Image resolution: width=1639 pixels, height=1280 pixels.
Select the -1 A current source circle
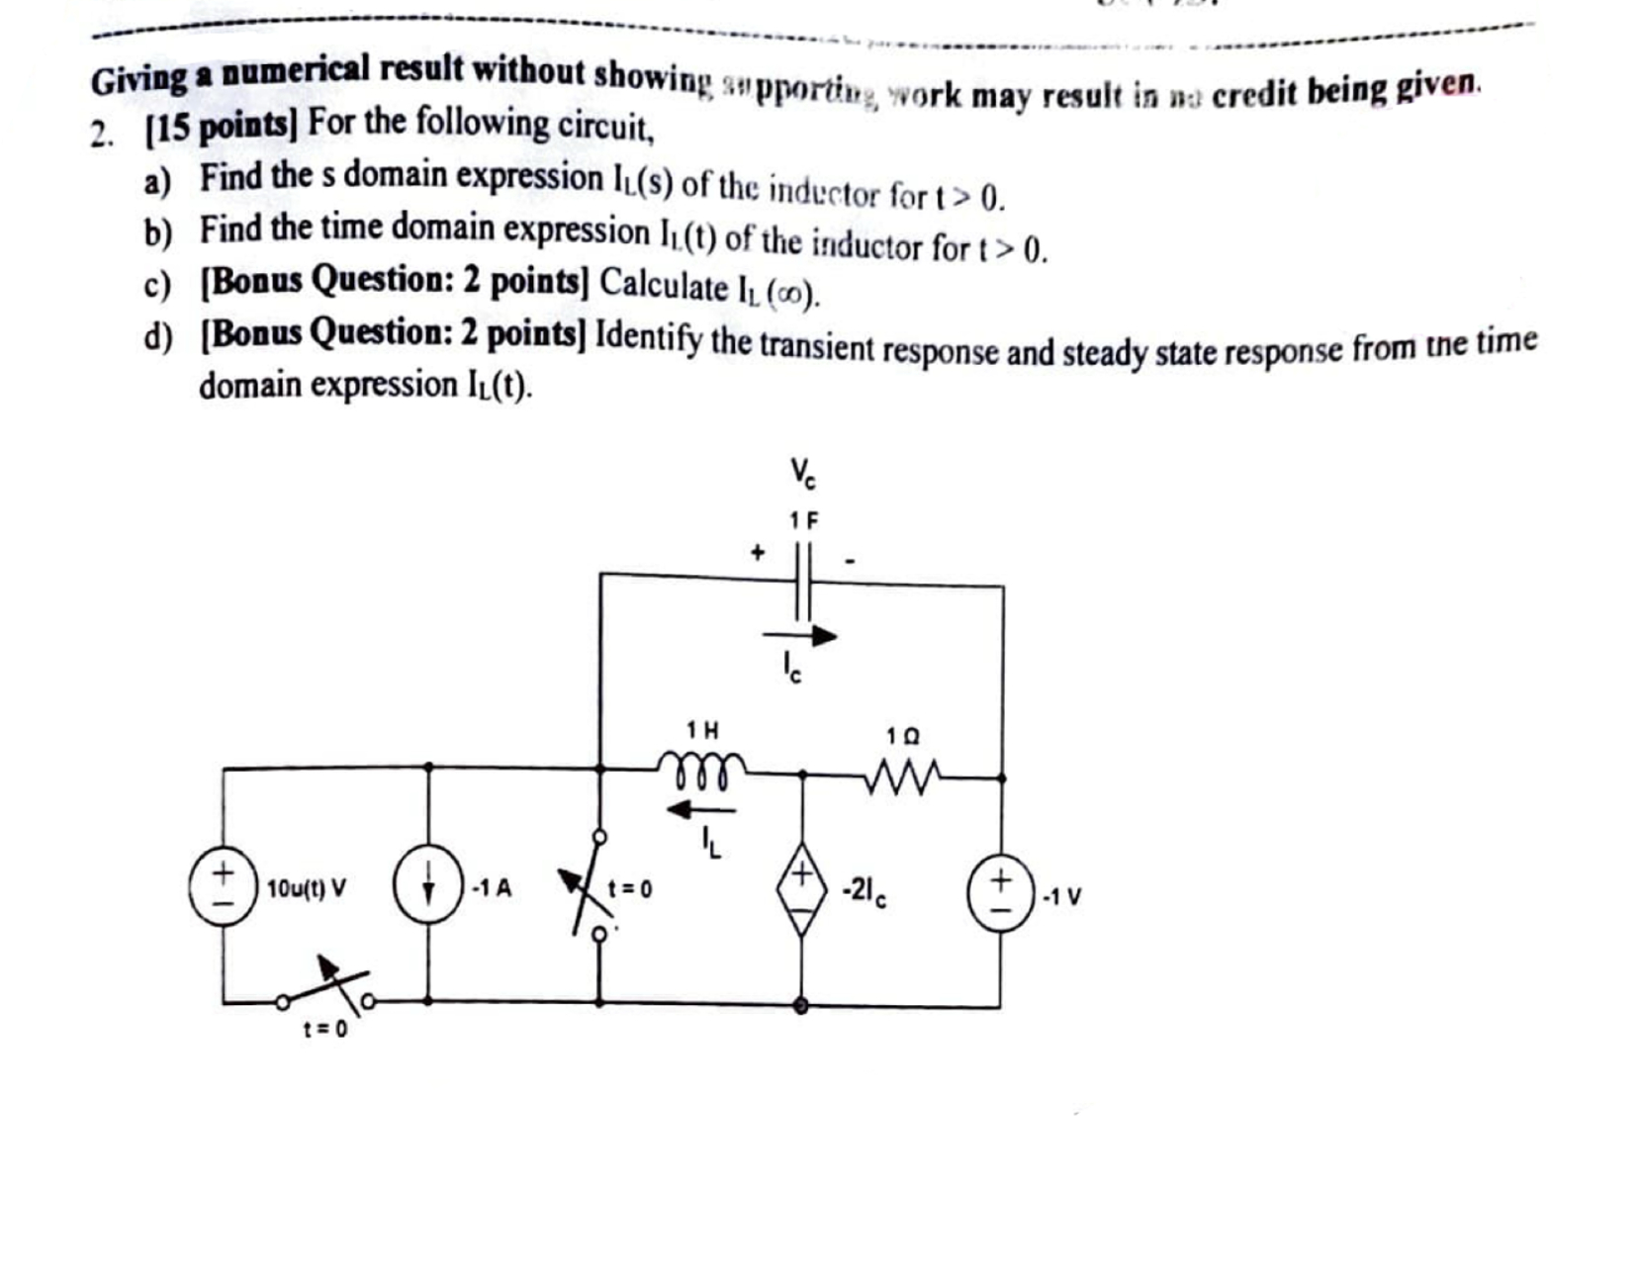pyautogui.click(x=428, y=885)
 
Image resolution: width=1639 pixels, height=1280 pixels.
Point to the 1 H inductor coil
pyautogui.click(x=702, y=770)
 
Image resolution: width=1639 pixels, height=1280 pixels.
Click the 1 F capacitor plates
pyautogui.click(x=802, y=579)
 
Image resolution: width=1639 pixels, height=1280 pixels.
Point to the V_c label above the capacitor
pyautogui.click(x=802, y=473)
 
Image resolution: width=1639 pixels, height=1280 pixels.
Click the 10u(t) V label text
pyautogui.click(x=307, y=888)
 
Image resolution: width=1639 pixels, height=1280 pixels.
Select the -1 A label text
pyautogui.click(x=491, y=887)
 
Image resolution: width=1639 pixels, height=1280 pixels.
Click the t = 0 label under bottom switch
pyautogui.click(x=324, y=1030)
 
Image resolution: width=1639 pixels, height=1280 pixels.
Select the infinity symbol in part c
pyautogui.click(x=791, y=293)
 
